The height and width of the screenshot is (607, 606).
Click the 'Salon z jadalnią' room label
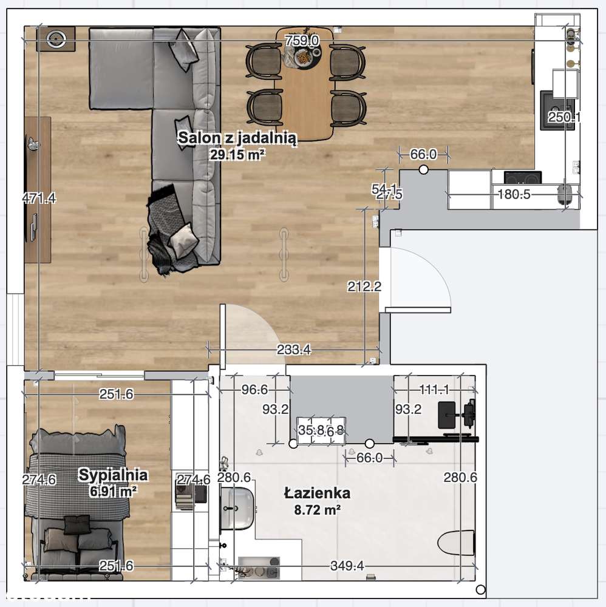(237, 138)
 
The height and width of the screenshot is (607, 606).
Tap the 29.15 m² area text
(237, 155)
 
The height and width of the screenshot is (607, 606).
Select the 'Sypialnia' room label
(113, 475)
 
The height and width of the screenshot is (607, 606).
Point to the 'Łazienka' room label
(317, 493)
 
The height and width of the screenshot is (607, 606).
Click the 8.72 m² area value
(317, 510)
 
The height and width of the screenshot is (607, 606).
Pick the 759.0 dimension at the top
(302, 41)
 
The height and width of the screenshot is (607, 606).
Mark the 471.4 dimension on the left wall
(38, 198)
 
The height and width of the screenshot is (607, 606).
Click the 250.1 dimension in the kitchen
(564, 118)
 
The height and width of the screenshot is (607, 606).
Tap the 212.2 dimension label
(364, 286)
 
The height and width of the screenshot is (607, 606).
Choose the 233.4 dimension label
(294, 349)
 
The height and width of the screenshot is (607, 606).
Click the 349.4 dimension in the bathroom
(347, 566)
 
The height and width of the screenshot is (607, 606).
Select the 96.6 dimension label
(255, 390)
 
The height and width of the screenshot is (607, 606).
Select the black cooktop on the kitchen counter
(523, 178)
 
